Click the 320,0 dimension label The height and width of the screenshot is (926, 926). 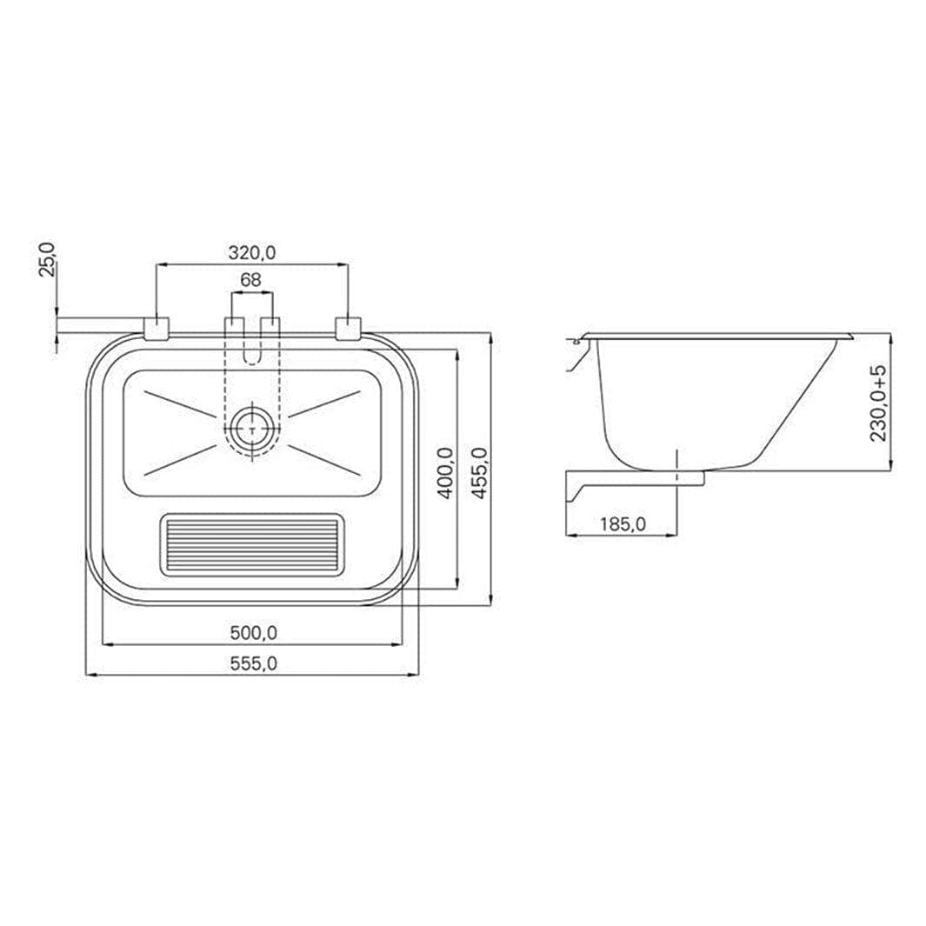pos(252,253)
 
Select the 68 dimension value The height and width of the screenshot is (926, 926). pos(251,280)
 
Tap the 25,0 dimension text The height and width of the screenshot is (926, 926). pos(47,258)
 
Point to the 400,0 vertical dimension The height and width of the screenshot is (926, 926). pos(446,472)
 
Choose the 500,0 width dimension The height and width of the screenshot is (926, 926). pos(253,633)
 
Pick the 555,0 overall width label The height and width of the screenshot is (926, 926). pos(253,663)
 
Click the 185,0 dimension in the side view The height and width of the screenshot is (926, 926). pos(623,523)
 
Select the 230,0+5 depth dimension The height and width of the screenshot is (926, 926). pos(879,403)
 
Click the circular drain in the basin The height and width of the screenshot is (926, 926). pos(252,430)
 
